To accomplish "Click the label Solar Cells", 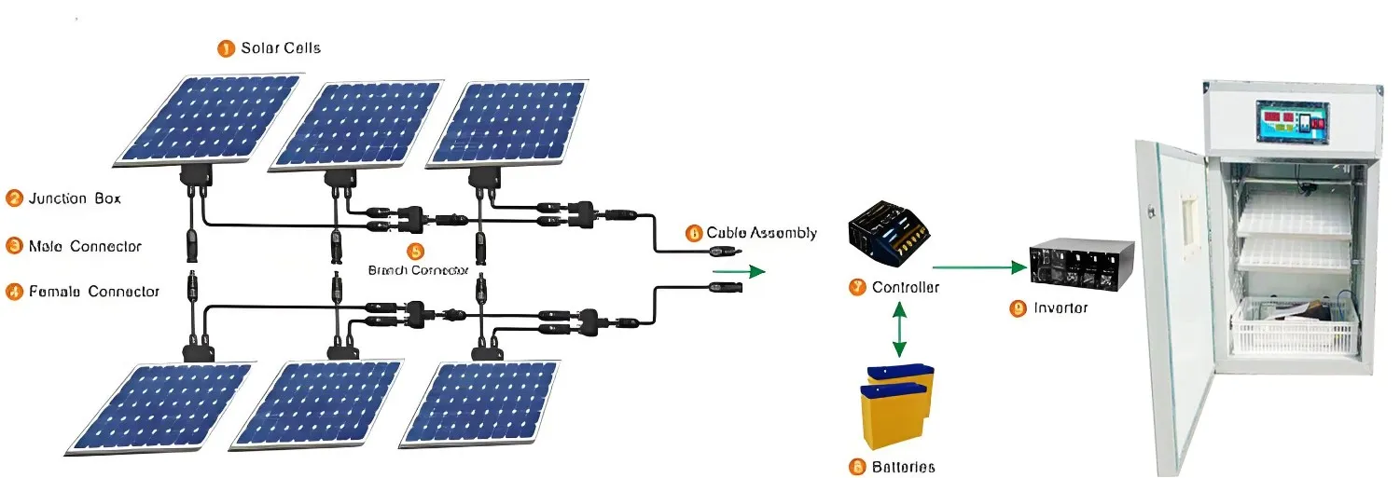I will tap(281, 48).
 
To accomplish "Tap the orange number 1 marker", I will tap(226, 48).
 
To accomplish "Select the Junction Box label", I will tap(75, 198).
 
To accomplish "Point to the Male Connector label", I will tap(85, 246).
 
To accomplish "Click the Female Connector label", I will tap(94, 292).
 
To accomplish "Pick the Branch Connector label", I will tap(418, 269).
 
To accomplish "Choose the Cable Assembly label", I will tap(761, 233).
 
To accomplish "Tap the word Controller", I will tap(905, 288).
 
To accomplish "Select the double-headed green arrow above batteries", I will tap(899, 329).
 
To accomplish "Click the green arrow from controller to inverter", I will tap(978, 267).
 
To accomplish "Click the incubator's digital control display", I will tap(1291, 122).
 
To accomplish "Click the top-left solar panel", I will tap(207, 119).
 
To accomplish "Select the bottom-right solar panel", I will tap(480, 403).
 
